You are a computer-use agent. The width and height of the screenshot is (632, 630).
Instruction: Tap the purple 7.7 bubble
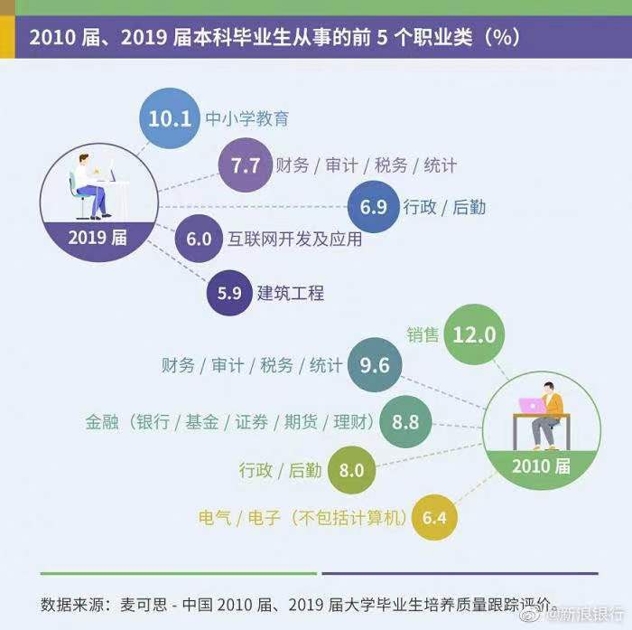(x=245, y=165)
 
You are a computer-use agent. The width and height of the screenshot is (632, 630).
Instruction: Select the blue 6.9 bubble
(x=373, y=207)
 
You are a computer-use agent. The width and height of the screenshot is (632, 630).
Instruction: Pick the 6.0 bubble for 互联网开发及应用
(x=198, y=240)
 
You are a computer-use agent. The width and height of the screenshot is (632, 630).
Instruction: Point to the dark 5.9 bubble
(x=229, y=293)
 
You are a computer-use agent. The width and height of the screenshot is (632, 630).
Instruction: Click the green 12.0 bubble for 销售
(x=474, y=334)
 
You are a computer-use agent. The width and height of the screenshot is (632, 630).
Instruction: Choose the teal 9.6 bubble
(x=374, y=365)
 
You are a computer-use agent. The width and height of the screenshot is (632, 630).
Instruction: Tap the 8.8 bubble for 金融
(x=405, y=421)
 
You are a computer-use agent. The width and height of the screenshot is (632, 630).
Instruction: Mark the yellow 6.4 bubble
(x=434, y=518)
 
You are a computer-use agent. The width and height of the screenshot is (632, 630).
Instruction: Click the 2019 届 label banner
(x=99, y=238)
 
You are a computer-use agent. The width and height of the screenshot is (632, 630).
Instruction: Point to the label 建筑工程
(x=291, y=293)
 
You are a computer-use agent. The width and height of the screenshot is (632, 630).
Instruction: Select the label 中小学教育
(x=246, y=118)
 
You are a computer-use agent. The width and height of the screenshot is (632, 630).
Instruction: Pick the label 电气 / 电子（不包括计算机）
(x=302, y=518)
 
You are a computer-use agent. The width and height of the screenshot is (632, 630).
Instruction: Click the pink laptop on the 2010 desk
(x=532, y=406)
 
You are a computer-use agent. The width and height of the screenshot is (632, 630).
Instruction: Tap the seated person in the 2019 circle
(x=89, y=185)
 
